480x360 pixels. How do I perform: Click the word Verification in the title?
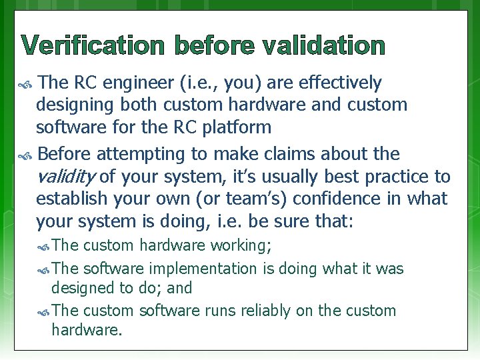(x=94, y=46)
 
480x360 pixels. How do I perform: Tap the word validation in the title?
(x=323, y=46)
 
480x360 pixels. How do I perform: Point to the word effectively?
(x=341, y=83)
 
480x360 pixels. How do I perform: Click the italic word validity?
(x=66, y=177)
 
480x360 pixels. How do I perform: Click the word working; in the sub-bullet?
(x=241, y=245)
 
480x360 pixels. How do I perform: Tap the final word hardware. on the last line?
(x=87, y=329)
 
